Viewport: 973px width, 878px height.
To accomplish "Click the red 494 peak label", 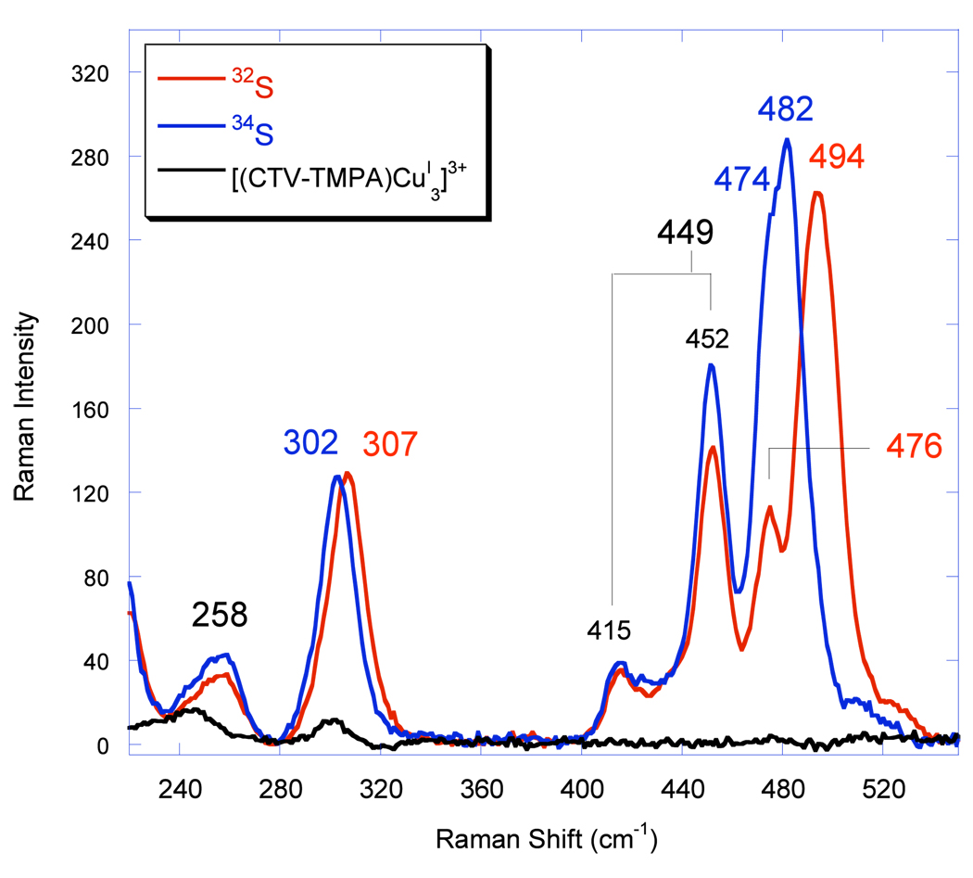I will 837,158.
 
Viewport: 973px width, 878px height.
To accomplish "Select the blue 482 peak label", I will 785,110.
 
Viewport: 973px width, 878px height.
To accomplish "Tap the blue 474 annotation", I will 742,179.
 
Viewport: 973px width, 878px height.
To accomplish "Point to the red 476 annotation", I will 913,447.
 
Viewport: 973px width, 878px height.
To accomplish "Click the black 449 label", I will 685,232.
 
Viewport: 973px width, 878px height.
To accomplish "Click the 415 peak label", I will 608,631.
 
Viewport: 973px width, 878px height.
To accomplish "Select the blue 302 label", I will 310,443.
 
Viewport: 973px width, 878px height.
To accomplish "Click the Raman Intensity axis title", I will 25,408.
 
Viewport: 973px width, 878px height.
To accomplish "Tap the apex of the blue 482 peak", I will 787,140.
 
